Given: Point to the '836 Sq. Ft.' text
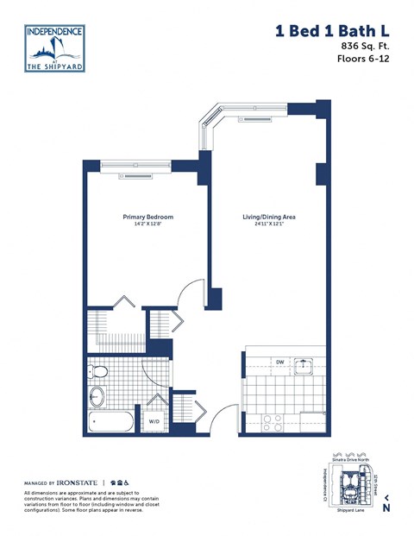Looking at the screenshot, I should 365,46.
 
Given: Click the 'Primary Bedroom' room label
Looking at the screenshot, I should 147,217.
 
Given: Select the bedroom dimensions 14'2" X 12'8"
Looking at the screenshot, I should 147,224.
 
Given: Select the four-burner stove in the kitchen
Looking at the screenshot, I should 273,422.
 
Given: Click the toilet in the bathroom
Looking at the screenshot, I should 99,373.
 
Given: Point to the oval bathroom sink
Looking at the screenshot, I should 97,398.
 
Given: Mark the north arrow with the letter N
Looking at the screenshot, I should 386,505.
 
